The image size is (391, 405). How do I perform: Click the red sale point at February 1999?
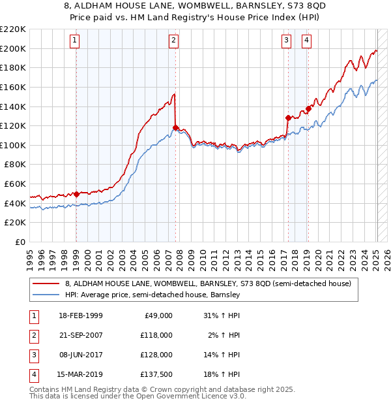pyautogui.click(x=77, y=194)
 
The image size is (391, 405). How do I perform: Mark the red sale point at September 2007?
pyautogui.click(x=175, y=127)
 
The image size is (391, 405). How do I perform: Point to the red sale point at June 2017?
pyautogui.click(x=288, y=118)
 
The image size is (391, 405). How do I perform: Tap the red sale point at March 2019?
pyautogui.click(x=308, y=108)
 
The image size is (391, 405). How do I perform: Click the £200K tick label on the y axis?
pyautogui.click(x=13, y=48)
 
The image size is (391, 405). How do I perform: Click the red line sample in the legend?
pyautogui.click(x=46, y=284)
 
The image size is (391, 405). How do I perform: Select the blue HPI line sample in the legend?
pyautogui.click(x=46, y=295)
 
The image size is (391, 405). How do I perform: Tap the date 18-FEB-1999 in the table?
pyautogui.click(x=80, y=316)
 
